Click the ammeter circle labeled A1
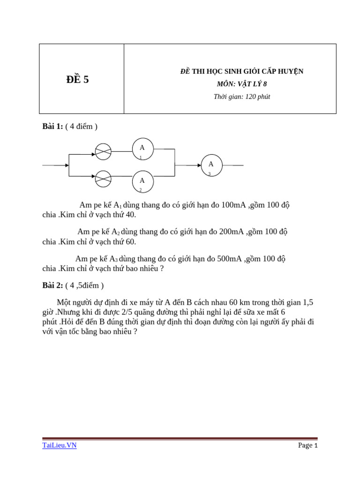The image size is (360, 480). (142, 149)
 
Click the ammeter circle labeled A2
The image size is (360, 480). (142, 182)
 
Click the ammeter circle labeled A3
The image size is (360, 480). (211, 165)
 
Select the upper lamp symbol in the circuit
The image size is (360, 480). (103, 151)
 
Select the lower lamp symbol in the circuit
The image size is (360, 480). (103, 179)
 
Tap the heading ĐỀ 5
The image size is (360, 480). (78, 80)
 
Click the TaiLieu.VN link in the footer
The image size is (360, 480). (59, 445)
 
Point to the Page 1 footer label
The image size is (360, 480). (308, 445)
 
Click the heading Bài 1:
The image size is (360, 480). (53, 127)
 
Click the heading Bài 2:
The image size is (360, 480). (53, 285)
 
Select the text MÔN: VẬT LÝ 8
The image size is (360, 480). (242, 84)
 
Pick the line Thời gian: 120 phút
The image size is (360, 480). (242, 97)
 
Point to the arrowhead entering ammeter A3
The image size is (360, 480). (199, 165)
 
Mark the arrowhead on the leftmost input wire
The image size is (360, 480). (67, 165)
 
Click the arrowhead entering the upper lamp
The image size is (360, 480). (93, 154)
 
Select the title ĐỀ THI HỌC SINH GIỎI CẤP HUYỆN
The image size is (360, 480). (242, 71)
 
